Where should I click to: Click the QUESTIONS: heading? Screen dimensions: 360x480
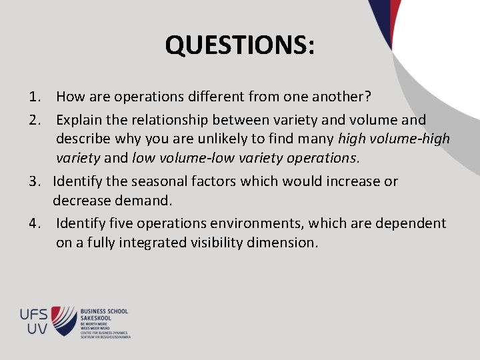240,45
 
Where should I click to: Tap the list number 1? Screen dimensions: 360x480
36,97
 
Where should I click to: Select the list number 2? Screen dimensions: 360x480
36,120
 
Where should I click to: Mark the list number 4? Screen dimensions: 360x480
36,223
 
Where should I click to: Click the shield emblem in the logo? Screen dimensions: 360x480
65,319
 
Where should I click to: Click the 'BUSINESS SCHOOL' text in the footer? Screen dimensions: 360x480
104,311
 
